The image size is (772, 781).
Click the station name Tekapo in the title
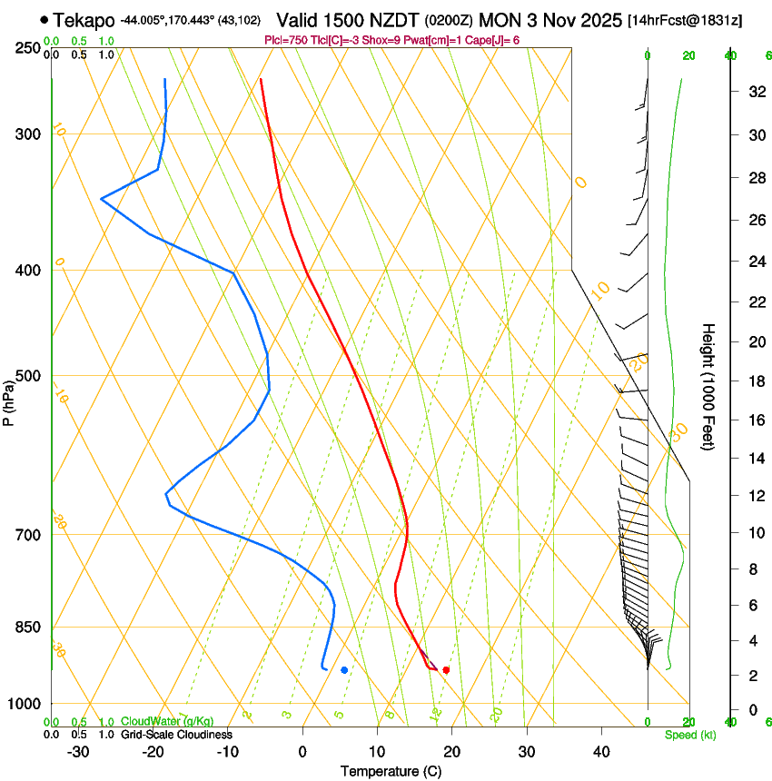(84, 20)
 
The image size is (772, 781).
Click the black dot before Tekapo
(44, 19)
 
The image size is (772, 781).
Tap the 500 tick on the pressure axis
(27, 376)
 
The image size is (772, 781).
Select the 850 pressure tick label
(27, 628)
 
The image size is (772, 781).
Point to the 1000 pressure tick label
(24, 704)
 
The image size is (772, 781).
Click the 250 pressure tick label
(27, 48)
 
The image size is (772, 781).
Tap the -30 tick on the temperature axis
(78, 751)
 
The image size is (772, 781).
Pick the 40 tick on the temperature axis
(600, 751)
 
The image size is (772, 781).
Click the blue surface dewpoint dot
(344, 670)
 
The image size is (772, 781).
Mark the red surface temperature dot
(446, 670)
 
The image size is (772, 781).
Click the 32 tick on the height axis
(755, 91)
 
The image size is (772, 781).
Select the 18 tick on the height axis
(755, 381)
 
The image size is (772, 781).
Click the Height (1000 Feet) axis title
(708, 386)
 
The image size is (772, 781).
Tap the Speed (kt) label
(690, 735)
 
